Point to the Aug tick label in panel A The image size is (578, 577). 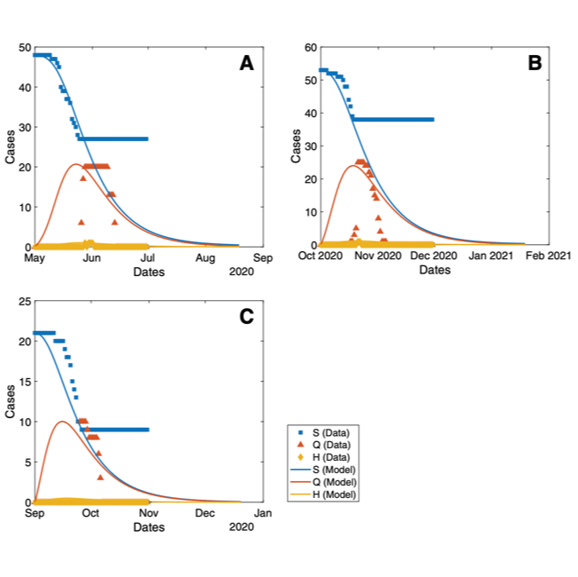[x=206, y=257]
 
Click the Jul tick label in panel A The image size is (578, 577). [x=148, y=257]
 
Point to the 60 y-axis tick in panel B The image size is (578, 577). [x=310, y=47]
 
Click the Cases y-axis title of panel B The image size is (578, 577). [x=296, y=146]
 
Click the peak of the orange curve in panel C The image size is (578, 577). [x=61, y=422]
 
